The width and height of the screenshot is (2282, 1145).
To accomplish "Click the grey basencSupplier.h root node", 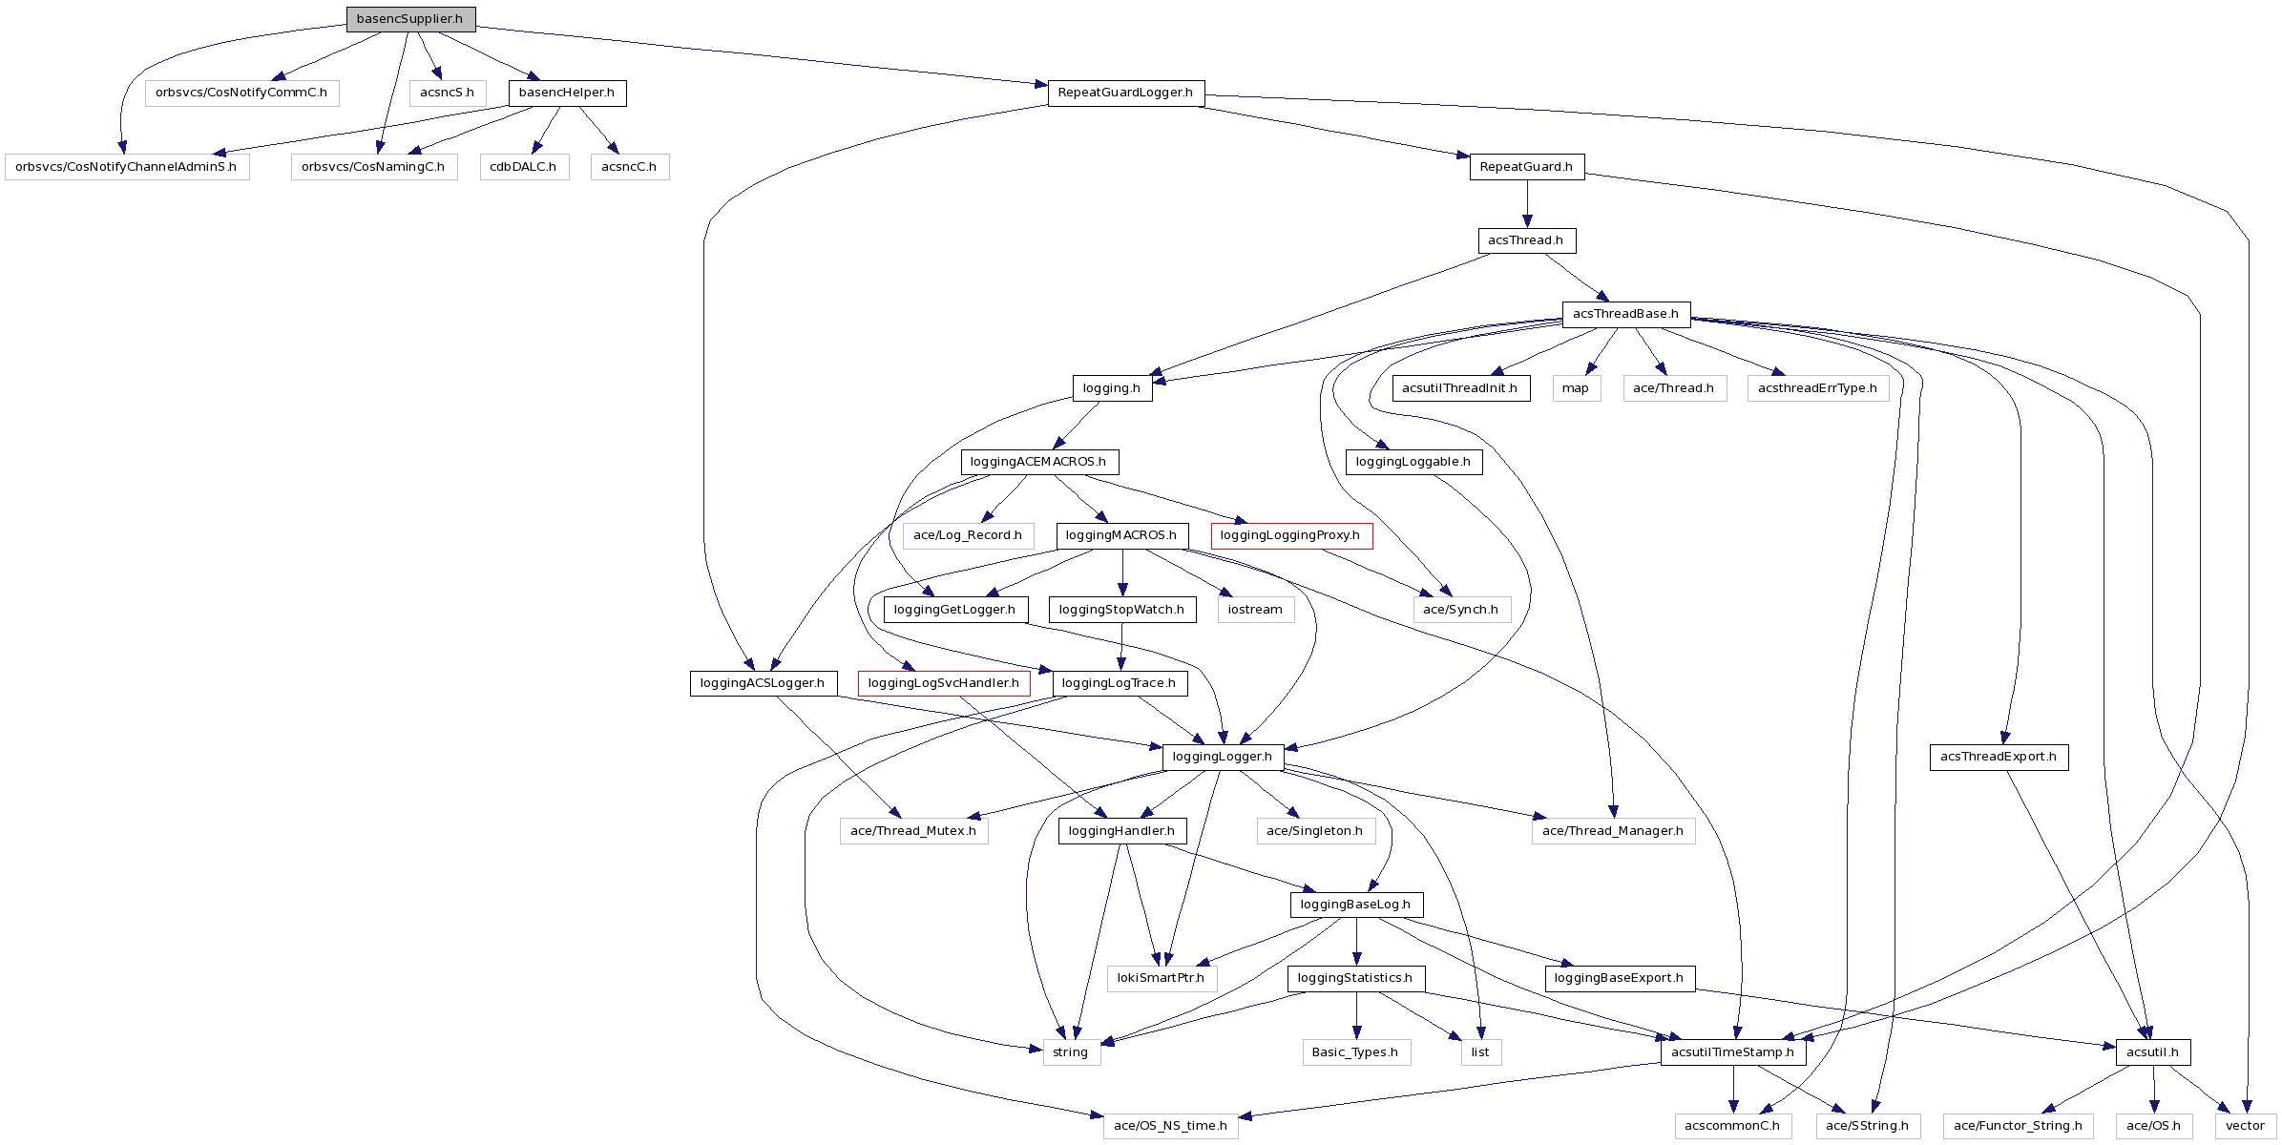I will [410, 19].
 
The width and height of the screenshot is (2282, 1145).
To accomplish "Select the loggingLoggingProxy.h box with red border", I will [1291, 535].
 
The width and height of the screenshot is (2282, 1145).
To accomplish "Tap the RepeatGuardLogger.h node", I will [1125, 93].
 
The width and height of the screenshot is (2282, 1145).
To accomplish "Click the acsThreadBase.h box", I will [1625, 314].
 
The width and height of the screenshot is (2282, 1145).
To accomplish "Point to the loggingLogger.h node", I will [1223, 757].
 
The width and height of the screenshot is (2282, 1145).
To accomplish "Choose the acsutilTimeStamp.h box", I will [1733, 1052].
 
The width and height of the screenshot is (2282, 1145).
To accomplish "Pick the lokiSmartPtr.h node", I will [1162, 978].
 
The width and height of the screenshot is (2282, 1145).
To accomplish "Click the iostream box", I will [1255, 610].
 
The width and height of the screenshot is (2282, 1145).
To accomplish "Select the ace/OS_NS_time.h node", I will [1171, 1126].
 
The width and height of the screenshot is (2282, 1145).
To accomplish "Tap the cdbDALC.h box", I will [524, 167].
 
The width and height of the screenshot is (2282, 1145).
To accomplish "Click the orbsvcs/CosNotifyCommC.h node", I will [241, 93].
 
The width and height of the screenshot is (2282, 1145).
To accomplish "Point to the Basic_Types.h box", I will [1355, 1052].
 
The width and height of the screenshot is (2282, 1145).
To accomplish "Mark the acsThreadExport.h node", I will [1999, 757].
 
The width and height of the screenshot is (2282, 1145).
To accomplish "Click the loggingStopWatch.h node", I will [1121, 610].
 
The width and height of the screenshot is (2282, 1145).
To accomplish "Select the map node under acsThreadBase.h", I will [1576, 388].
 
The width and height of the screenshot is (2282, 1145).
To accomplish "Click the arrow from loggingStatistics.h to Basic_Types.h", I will [1356, 1015].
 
